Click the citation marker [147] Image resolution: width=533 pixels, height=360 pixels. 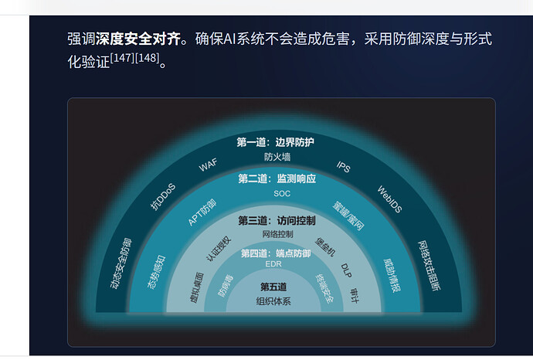[x=122, y=58]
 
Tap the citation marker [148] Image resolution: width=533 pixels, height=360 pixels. [x=148, y=58]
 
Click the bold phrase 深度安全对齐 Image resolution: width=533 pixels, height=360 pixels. [x=138, y=39]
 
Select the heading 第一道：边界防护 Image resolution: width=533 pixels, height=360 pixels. [x=275, y=142]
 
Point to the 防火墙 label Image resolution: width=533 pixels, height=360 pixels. [x=277, y=157]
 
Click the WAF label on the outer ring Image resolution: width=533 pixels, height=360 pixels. [x=208, y=165]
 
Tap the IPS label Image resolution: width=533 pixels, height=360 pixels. [x=343, y=167]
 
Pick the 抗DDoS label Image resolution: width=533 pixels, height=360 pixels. [x=163, y=196]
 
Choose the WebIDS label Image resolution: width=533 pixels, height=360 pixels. [x=390, y=199]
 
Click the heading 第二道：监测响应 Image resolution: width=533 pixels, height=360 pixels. [x=277, y=178]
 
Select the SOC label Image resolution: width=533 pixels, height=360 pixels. [x=282, y=193]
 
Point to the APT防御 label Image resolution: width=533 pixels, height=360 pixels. [x=202, y=212]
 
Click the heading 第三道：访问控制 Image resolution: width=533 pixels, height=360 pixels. [x=277, y=221]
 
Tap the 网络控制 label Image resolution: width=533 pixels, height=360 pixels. [x=278, y=234]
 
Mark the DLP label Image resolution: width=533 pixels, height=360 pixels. [x=346, y=270]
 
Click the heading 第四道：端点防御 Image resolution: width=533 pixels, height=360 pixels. [x=276, y=253]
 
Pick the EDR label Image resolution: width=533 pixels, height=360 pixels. [x=273, y=263]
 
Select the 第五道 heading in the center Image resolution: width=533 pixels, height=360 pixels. [x=273, y=287]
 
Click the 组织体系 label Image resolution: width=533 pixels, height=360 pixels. [x=273, y=301]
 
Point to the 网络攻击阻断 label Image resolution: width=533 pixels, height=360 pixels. [x=429, y=266]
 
